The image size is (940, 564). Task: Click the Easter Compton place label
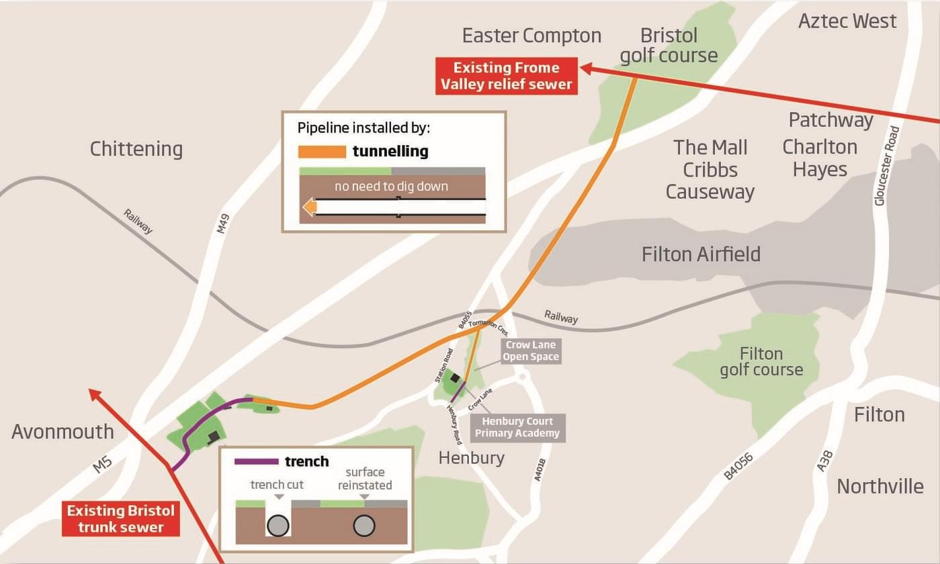coord(531,36)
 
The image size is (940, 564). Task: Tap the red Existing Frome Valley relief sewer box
coord(507,76)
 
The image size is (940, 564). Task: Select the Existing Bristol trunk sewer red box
coord(121,519)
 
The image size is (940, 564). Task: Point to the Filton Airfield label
coord(701,254)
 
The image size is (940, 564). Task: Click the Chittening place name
coord(136,149)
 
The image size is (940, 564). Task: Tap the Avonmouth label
coord(62,432)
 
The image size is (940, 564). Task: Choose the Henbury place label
coord(471,458)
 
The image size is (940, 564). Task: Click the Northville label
coord(880,486)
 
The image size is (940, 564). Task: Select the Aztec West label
coord(847,21)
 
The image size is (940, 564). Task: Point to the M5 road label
coord(101,463)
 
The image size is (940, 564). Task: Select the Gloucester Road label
coord(886,166)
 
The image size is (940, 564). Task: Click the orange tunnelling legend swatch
coord(322,152)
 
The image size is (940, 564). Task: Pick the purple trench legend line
coord(256,462)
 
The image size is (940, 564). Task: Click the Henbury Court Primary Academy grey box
coord(517,428)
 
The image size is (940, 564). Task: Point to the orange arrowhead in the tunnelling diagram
coord(309,207)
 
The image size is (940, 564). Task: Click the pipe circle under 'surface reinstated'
coord(364,526)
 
